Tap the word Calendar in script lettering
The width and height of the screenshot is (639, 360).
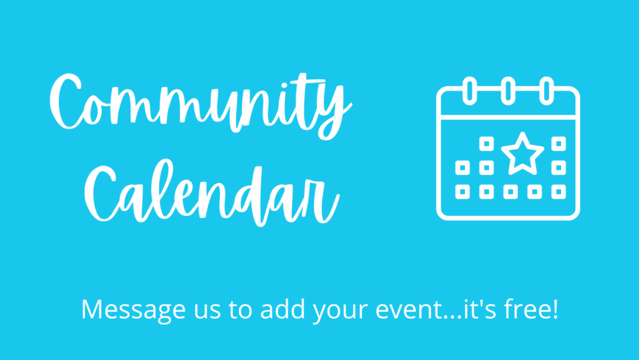212,192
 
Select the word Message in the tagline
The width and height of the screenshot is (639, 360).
134,310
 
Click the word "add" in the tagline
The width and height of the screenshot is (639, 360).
283,309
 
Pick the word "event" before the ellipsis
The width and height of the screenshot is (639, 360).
409,311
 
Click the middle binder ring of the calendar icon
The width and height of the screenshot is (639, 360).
508,91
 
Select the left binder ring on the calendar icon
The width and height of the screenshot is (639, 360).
470,91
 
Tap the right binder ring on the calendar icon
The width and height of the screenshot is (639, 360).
547,91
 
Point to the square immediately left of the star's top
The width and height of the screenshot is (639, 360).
487,144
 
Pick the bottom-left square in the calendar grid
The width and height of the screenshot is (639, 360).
462,192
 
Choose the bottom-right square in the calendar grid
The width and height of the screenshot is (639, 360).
559,192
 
